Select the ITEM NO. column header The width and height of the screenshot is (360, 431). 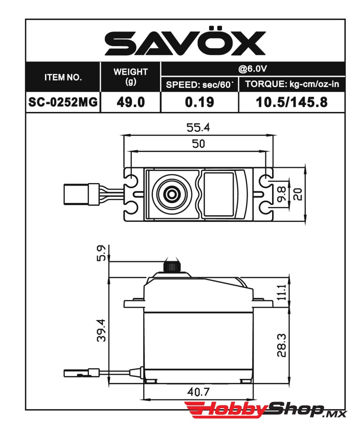[63, 77]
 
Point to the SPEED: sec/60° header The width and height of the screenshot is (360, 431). [199, 84]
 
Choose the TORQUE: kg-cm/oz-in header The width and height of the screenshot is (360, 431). [292, 84]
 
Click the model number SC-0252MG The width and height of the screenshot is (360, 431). [63, 102]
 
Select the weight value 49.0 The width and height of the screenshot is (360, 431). [130, 102]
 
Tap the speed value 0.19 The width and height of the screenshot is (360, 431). [199, 102]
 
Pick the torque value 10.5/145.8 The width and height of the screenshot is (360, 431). [292, 102]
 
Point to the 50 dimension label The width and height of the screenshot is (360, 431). [199, 144]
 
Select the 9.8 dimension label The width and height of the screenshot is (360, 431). [282, 194]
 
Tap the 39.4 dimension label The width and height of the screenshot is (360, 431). [101, 330]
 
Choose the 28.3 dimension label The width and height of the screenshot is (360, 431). [282, 345]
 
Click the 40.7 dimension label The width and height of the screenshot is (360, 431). [199, 392]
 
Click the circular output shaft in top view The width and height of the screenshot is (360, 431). [172, 194]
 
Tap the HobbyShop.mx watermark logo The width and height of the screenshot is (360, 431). [265, 410]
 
